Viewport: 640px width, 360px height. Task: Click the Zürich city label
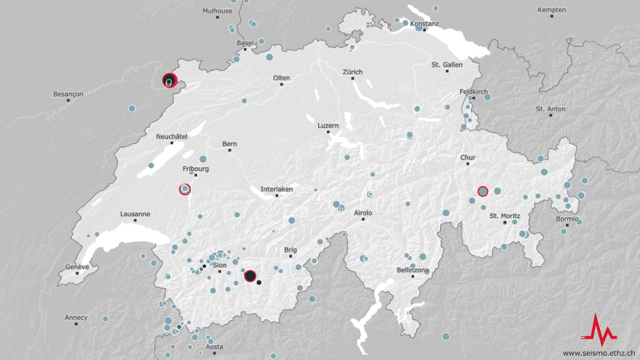tap(353, 72)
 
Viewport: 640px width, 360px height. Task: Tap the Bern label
tap(229, 144)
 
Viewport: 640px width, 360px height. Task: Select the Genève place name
tap(77, 267)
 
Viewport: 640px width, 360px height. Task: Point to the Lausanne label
tap(135, 214)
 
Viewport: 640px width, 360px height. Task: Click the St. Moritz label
tap(504, 216)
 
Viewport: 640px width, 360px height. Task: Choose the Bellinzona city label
tap(413, 270)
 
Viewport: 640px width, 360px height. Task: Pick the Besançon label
tap(68, 94)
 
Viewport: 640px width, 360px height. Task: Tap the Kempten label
tap(551, 10)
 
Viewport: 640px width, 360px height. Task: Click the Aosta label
tap(214, 347)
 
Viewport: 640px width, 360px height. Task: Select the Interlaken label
tap(276, 189)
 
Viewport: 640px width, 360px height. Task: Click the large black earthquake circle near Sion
tap(250, 276)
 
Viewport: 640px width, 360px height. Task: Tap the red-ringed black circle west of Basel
tap(169, 81)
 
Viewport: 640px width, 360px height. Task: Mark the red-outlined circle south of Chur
tap(483, 191)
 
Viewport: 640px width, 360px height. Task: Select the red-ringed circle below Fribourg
tap(185, 189)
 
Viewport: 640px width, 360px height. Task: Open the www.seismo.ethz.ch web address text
tap(598, 353)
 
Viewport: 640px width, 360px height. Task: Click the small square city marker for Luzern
tap(329, 132)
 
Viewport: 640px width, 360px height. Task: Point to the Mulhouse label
tap(217, 11)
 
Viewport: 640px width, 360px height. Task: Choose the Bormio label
tap(567, 219)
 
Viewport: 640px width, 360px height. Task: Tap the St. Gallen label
tap(447, 65)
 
